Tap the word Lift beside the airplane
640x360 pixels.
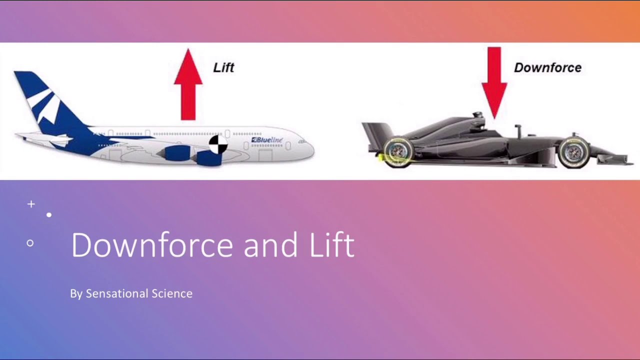pyautogui.click(x=223, y=67)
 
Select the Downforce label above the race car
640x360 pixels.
pyautogui.click(x=547, y=67)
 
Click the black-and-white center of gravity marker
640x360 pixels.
pyautogui.click(x=217, y=144)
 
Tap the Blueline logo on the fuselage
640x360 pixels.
pyautogui.click(x=267, y=140)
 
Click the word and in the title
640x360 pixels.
pyautogui.click(x=265, y=245)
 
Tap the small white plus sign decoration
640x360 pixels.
pyautogui.click(x=31, y=204)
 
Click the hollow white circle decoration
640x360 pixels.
pyautogui.click(x=30, y=243)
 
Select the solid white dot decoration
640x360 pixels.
pyautogui.click(x=49, y=215)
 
